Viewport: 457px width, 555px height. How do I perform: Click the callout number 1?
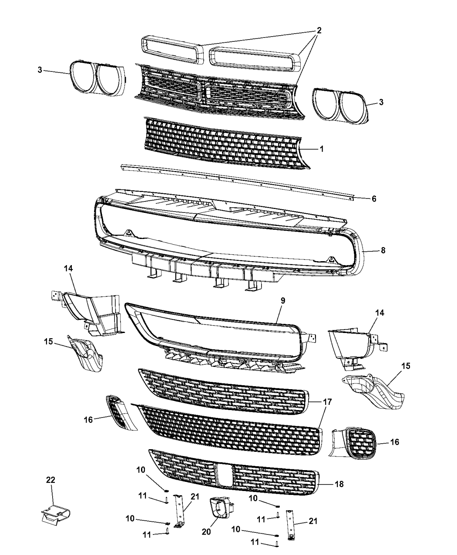[x=321, y=149]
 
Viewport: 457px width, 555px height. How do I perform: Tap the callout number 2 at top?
[x=319, y=30]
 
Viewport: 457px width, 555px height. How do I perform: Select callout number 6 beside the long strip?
[x=374, y=198]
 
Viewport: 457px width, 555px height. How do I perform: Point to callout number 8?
[x=383, y=250]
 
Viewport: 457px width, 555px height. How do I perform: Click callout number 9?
[x=282, y=301]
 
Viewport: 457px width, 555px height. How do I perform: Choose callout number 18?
[x=339, y=484]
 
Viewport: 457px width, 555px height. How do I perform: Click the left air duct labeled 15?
[x=84, y=354]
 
